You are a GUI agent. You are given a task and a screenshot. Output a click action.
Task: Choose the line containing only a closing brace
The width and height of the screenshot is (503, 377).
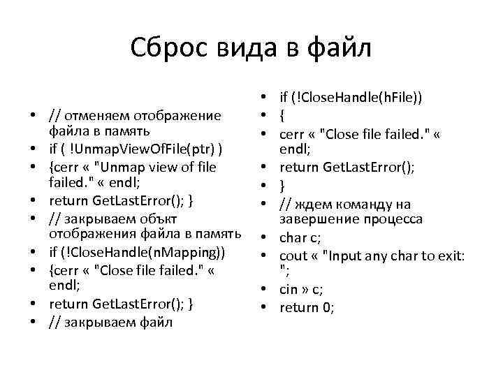283,186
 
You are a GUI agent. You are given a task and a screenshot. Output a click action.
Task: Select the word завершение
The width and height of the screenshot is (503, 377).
316,219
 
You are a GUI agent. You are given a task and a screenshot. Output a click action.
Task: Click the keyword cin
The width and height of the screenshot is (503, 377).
290,289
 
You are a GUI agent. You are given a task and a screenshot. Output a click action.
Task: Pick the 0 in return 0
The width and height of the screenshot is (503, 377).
329,307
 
